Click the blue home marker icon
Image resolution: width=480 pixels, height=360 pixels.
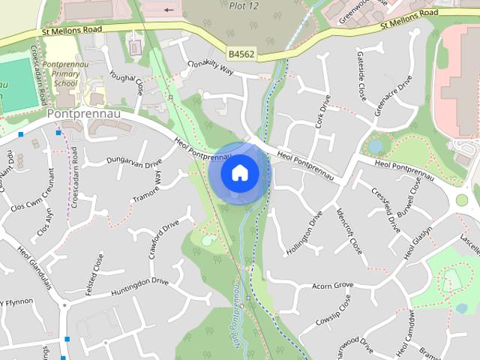239,172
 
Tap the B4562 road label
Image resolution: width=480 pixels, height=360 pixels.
242,54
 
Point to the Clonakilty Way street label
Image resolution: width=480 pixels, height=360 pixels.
211,67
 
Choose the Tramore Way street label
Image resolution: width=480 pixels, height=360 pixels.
158,187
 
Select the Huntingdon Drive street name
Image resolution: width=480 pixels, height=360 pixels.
139,286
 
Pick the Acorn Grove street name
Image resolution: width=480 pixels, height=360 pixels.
332,286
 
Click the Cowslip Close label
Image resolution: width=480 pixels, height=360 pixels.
334,311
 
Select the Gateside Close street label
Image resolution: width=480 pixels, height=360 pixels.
361,82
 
